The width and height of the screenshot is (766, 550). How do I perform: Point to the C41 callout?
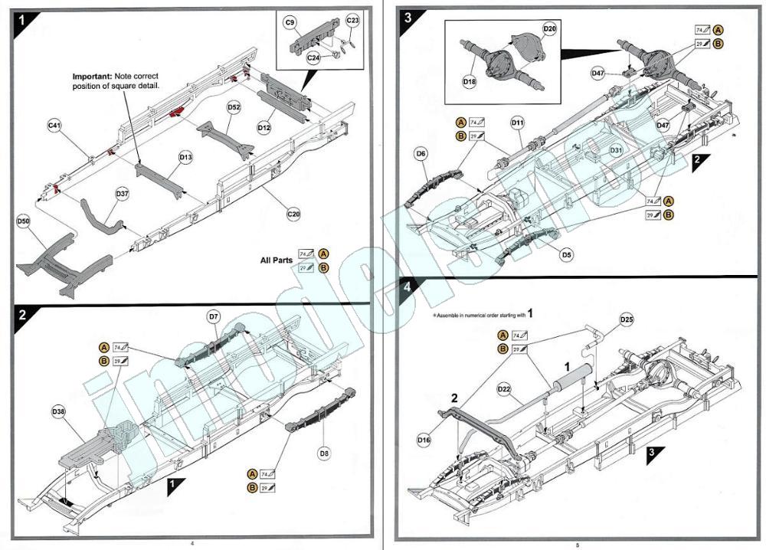55,125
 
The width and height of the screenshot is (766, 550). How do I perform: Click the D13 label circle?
185,157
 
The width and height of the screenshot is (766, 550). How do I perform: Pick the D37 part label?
123,194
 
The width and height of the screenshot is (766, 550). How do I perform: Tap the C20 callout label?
293,214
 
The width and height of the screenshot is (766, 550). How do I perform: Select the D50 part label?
24,222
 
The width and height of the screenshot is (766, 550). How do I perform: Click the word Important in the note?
92,77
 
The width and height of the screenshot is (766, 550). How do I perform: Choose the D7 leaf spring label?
214,316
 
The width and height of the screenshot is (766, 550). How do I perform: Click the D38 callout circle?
59,411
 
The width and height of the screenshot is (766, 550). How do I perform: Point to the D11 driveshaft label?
518,122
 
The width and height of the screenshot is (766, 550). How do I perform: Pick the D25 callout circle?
627,319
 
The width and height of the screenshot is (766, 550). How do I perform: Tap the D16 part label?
424,440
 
